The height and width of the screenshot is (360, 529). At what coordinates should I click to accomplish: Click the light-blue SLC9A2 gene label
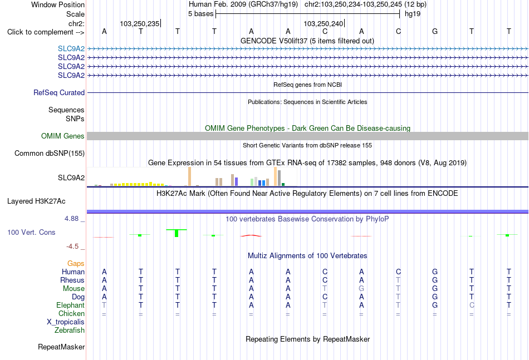coord(71,48)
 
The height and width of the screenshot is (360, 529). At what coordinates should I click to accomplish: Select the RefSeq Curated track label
coord(59,93)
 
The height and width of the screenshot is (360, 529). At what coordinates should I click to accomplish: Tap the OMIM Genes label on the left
coord(63,136)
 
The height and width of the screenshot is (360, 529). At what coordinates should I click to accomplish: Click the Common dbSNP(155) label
coord(50,154)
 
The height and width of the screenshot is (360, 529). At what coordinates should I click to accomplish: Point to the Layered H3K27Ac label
coord(36,201)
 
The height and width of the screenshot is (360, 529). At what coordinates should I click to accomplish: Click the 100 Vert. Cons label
coord(31,232)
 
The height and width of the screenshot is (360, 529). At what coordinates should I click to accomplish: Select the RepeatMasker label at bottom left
coord(61,347)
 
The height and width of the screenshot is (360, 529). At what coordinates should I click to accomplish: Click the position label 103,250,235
coord(140,23)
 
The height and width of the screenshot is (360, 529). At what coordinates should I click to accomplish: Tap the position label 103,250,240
coord(323,23)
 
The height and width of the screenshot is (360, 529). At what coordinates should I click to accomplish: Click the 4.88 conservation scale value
coord(71,219)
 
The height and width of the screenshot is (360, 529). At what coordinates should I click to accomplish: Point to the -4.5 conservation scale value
coord(72,246)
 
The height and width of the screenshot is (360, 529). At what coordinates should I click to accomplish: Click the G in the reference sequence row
coord(435,32)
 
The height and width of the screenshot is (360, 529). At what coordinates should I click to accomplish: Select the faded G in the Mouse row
coord(361,289)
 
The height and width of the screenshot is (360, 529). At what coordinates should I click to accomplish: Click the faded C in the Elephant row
coord(472,305)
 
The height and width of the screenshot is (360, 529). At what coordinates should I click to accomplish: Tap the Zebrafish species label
coord(70,331)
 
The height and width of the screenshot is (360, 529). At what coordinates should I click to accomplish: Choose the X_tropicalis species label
coord(66,322)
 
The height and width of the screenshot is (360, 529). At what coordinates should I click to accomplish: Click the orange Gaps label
coord(76,263)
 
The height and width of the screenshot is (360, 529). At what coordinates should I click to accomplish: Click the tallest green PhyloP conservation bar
coord(177,233)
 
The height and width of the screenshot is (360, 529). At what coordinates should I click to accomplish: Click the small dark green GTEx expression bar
coord(283,184)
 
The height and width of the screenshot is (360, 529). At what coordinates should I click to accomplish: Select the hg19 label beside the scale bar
coord(413,14)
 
